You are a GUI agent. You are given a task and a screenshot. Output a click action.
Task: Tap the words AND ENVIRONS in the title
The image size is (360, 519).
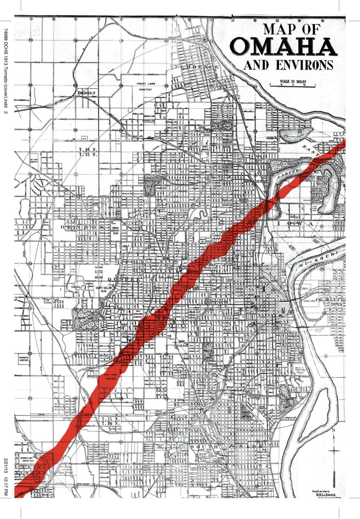click(288, 65)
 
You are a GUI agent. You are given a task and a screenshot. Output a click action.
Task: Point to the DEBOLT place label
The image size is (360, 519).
click(87, 93)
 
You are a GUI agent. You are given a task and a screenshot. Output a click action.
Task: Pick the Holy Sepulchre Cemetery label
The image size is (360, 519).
click(138, 314)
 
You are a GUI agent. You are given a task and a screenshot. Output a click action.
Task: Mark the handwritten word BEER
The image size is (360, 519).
click(319, 330)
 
